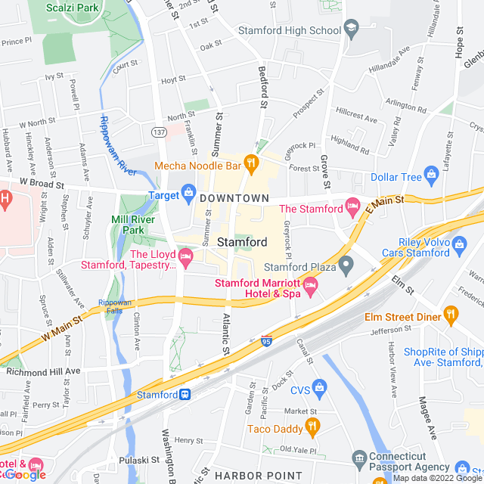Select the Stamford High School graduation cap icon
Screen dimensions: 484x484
[x=351, y=31]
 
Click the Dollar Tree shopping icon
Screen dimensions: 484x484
[x=431, y=177]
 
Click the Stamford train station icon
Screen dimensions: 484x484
[x=184, y=395]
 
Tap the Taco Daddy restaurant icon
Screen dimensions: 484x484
[x=311, y=429]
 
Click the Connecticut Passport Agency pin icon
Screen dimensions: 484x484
[x=358, y=458]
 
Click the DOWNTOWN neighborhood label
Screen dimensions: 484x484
[x=234, y=198]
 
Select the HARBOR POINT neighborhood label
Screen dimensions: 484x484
[x=250, y=476]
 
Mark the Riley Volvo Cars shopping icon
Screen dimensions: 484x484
[x=458, y=244]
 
